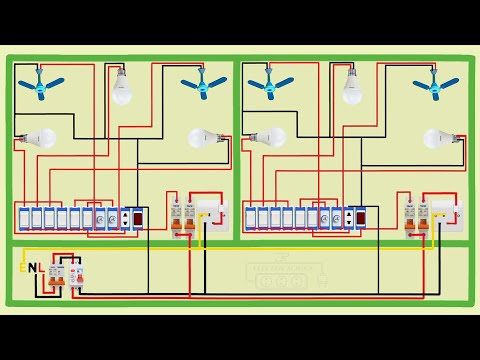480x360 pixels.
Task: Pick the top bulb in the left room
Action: [x=121, y=87]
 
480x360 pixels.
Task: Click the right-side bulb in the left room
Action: [x=205, y=139]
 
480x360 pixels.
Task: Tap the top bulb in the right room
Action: [x=352, y=87]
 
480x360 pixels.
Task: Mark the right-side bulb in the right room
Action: [x=437, y=139]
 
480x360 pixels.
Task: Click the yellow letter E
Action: [x=22, y=268]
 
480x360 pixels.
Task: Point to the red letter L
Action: [x=43, y=268]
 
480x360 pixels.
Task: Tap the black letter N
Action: [x=32, y=268]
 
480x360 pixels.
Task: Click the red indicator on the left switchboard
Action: [x=139, y=217]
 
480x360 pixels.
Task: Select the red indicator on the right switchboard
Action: [x=362, y=217]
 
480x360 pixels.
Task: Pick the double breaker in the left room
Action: [x=181, y=219]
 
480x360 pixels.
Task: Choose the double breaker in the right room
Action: [x=415, y=219]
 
